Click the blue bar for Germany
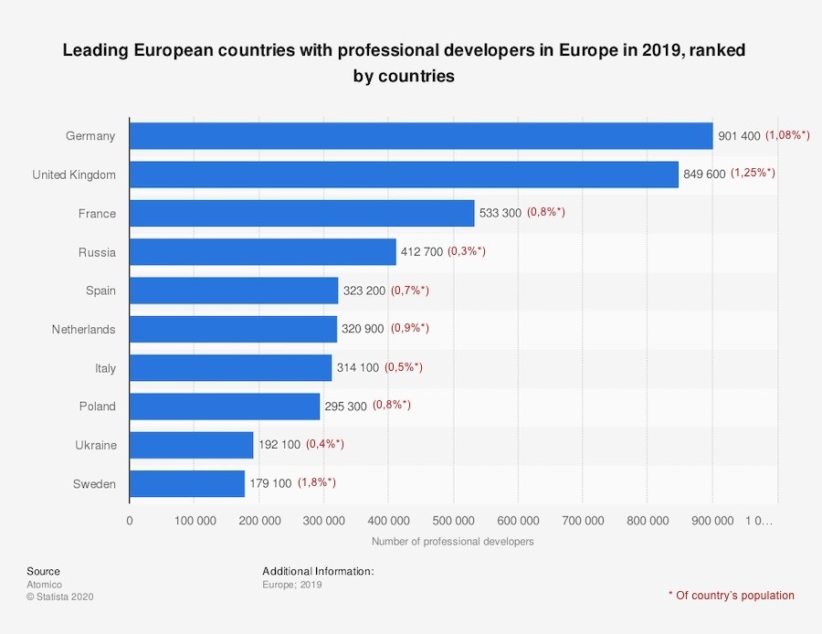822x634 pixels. (420, 136)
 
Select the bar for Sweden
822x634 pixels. (187, 483)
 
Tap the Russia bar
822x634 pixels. (262, 252)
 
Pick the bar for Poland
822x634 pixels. (225, 407)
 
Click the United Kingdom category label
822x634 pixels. (74, 174)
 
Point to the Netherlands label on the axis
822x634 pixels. (84, 329)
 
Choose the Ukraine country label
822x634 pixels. (96, 445)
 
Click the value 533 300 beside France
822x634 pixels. (500, 213)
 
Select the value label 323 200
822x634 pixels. (364, 291)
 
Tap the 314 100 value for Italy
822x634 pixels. (356, 367)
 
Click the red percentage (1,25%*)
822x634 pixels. (753, 173)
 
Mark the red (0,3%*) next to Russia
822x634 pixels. (467, 251)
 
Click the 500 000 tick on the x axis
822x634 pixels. (453, 521)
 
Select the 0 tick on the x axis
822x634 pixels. (130, 521)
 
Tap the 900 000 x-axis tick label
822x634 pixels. (712, 521)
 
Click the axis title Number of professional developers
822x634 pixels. (452, 541)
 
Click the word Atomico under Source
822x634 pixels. (44, 584)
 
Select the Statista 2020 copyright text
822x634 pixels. (60, 597)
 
